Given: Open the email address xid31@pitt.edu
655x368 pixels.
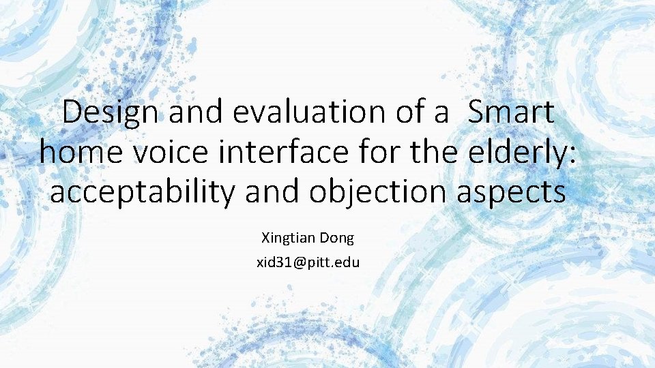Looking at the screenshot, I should pyautogui.click(x=308, y=262).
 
